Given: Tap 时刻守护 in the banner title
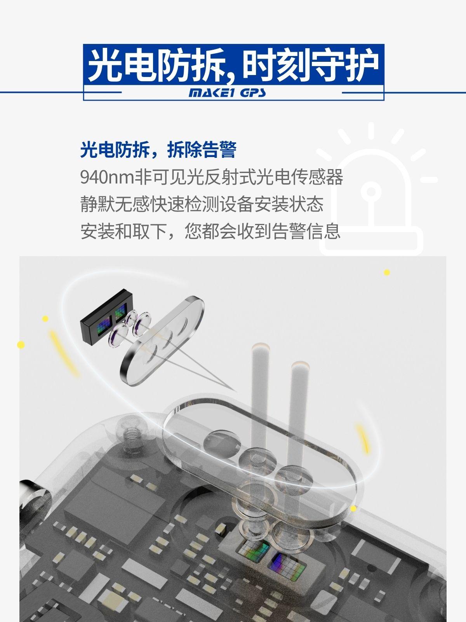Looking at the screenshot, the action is pos(311,66).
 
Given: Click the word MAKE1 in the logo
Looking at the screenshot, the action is pos(211,93).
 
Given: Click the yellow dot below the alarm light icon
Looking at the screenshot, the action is pos(387,273).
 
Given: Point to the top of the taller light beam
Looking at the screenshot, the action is pos(260,347).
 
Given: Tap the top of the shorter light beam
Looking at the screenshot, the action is pos(300,365).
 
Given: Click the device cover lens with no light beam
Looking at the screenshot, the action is pos(222,444).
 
